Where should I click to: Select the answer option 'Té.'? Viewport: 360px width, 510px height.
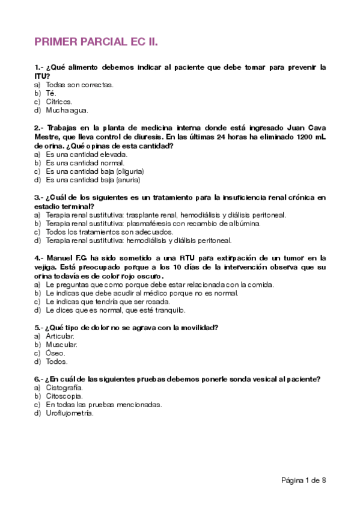tap(51, 93)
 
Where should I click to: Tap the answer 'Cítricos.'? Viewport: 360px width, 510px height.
tap(59, 102)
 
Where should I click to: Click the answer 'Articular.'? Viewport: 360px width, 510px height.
tap(61, 336)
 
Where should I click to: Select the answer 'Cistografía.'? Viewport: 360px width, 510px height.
tap(64, 388)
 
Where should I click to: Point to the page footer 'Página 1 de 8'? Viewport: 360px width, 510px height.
tap(304, 480)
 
